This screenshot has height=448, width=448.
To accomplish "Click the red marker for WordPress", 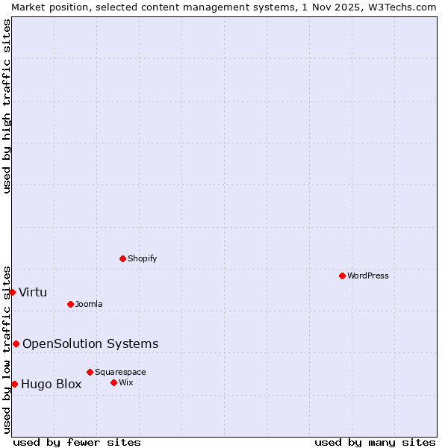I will click(x=342, y=276).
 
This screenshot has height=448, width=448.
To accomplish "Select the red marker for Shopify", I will click(x=122, y=258).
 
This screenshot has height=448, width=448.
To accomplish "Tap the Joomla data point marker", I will click(x=70, y=304).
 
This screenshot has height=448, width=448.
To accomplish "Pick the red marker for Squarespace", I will click(x=90, y=372).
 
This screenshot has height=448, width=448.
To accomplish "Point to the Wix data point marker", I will click(x=113, y=382).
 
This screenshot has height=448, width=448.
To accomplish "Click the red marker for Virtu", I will click(x=12, y=292).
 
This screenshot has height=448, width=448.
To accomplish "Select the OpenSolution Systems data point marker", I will click(x=16, y=343).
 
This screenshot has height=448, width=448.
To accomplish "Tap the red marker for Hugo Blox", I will click(x=14, y=384).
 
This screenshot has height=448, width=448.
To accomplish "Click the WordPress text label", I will click(x=368, y=276).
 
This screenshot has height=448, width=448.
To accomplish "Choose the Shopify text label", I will click(x=142, y=258).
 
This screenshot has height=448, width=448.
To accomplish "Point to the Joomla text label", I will click(x=89, y=304).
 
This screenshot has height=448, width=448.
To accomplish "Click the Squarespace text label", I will click(x=120, y=372).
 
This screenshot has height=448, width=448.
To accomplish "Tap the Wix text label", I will click(x=125, y=382).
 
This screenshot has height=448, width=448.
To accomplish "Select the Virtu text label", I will click(x=33, y=292).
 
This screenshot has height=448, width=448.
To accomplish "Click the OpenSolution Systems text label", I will click(x=90, y=343).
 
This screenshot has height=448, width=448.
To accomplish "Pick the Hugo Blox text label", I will click(x=52, y=385).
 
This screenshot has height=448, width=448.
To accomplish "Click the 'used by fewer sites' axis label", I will click(x=77, y=442).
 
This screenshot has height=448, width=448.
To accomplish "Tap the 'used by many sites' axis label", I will click(x=375, y=442).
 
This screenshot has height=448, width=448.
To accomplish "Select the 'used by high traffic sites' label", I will click(x=7, y=106).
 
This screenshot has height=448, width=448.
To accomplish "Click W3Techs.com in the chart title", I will click(x=402, y=7).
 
